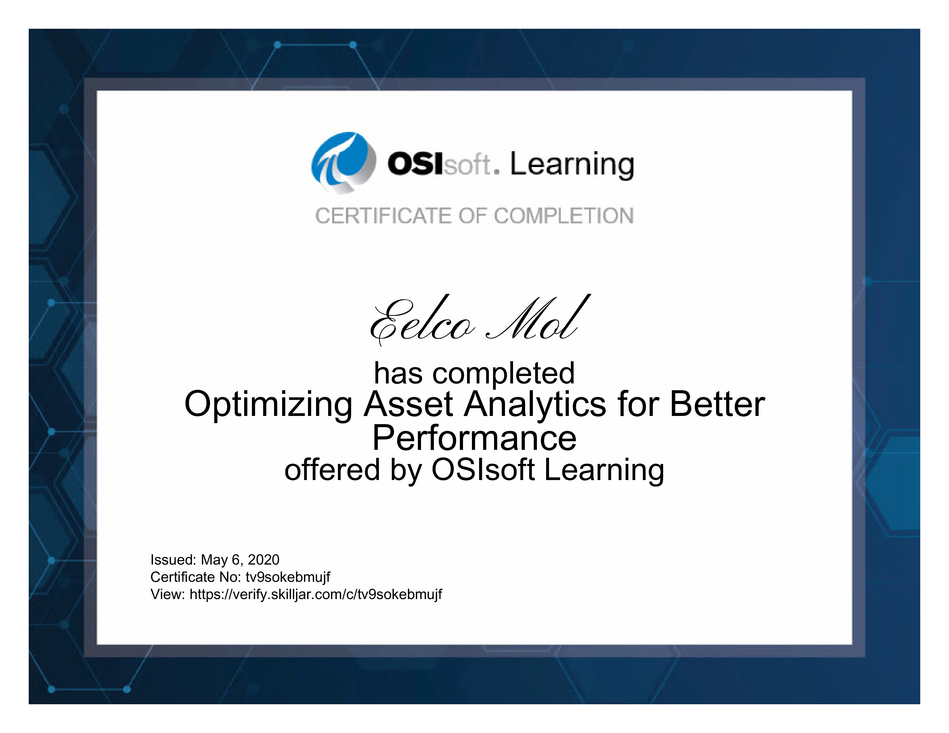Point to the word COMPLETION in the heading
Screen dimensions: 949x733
(564, 216)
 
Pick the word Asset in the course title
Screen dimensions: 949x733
(408, 404)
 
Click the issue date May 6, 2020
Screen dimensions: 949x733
(240, 560)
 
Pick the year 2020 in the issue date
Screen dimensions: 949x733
(263, 559)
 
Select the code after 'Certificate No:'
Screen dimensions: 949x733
(288, 577)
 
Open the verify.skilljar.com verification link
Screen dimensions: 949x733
(315, 594)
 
